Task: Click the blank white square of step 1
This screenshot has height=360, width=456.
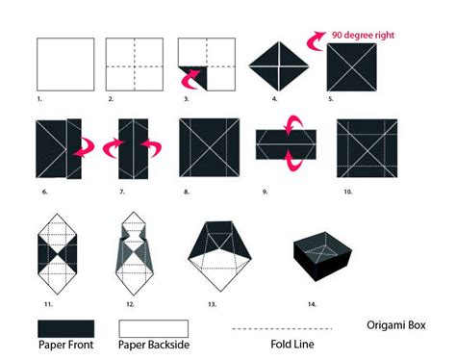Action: (x=64, y=65)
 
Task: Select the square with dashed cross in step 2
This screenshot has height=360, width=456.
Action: (x=132, y=65)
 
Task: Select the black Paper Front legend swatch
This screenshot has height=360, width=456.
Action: (x=65, y=327)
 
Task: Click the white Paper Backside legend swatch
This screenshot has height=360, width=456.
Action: (x=147, y=327)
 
